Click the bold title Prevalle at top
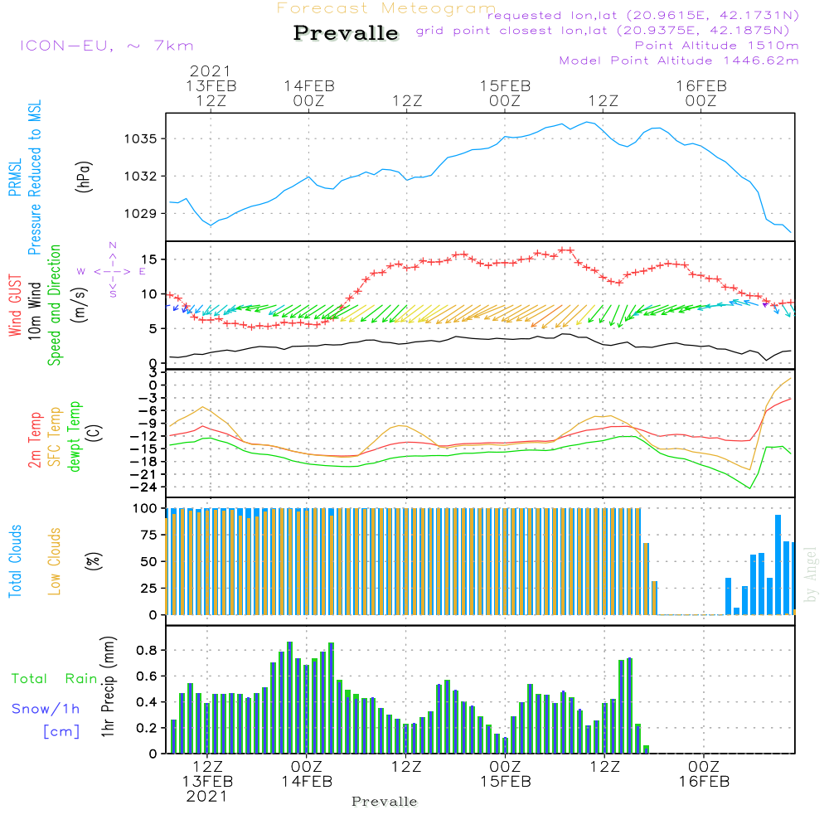(346, 34)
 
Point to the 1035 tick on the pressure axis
(142, 138)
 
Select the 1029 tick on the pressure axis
(142, 213)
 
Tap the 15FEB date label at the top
(505, 85)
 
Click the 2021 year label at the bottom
(206, 796)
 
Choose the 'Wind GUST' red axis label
(16, 305)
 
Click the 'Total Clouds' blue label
(15, 561)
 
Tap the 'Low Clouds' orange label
(56, 561)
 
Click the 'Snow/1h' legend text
(46, 709)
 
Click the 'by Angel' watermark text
(811, 574)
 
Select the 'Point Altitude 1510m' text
(716, 46)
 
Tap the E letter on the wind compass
(143, 271)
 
